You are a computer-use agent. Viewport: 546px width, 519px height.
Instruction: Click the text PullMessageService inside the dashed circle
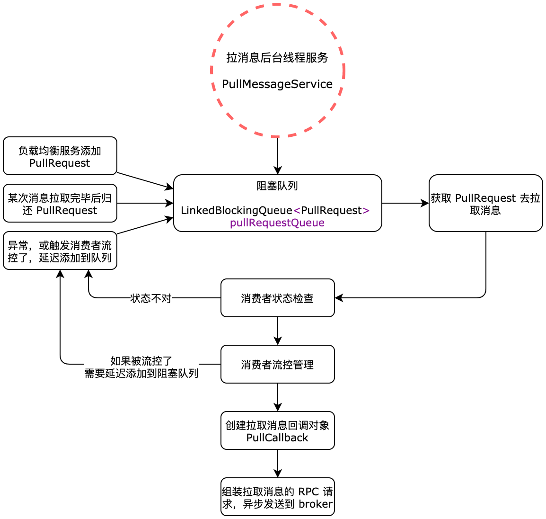tap(277, 84)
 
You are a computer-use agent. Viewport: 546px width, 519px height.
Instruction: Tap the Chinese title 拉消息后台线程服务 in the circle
tap(277, 58)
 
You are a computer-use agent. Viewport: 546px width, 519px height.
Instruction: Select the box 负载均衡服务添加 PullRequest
tap(60, 156)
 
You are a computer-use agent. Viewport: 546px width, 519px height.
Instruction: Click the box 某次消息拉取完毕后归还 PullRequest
tap(60, 204)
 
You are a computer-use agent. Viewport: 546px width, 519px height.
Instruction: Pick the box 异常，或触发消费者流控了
tap(60, 251)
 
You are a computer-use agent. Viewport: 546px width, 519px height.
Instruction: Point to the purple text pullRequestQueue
tap(277, 223)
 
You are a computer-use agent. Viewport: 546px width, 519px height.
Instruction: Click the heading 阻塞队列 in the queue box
tap(277, 186)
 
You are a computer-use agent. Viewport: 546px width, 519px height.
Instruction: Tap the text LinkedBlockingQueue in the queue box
tap(237, 210)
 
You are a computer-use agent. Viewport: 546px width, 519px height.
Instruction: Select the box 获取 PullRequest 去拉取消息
tap(485, 204)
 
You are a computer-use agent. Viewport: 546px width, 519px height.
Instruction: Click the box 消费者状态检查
tap(277, 298)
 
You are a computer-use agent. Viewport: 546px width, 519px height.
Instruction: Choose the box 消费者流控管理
tap(277, 365)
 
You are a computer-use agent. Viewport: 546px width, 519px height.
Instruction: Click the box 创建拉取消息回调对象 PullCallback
tap(277, 431)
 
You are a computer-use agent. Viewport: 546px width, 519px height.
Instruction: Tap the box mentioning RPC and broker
tap(277, 497)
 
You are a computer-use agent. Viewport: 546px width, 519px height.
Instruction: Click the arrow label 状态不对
tap(151, 298)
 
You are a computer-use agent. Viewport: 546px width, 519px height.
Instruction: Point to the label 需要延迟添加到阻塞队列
tap(141, 374)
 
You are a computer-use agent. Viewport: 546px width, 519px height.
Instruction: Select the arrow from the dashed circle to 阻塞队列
tap(278, 156)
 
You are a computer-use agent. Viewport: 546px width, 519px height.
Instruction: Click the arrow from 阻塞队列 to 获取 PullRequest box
tap(405, 203)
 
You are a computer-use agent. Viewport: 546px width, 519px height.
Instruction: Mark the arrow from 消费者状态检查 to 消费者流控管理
tap(278, 331)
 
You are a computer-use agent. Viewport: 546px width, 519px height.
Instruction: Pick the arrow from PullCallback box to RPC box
tap(278, 463)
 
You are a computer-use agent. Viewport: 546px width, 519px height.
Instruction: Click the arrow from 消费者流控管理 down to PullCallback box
tap(278, 397)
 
